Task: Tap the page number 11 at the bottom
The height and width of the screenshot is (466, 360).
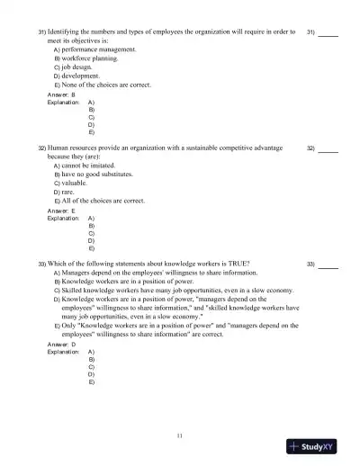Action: click(x=180, y=435)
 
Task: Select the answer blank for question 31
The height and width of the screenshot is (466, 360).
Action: click(x=328, y=35)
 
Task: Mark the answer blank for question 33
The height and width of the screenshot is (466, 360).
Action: click(x=328, y=267)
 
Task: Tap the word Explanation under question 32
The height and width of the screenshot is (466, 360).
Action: click(x=62, y=218)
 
